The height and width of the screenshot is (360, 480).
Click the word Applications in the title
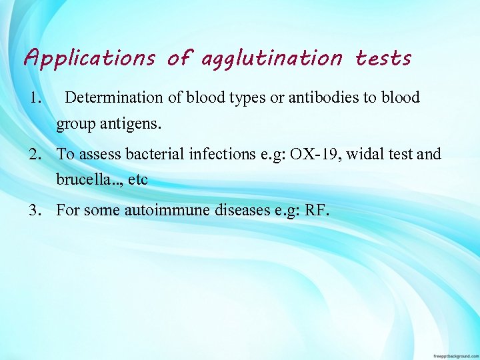89,59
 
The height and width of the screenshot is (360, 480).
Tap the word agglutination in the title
271,59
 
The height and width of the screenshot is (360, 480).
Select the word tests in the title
383,58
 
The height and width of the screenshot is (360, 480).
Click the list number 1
36,98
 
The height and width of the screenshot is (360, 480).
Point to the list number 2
35,155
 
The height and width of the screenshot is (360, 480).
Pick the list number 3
35,211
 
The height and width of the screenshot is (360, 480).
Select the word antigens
139,123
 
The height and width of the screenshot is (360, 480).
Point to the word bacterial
155,155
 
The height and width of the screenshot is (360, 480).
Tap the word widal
368,155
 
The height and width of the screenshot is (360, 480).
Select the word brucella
82,180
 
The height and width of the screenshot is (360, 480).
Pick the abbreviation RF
316,211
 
